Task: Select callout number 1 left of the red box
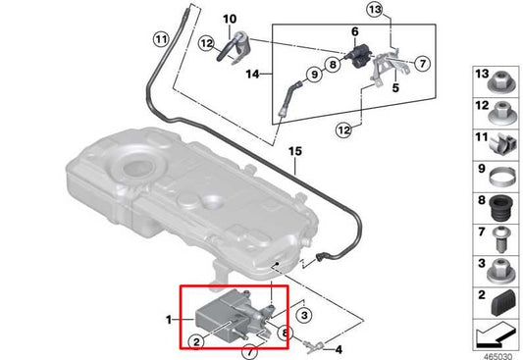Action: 169,319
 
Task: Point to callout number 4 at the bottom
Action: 340,348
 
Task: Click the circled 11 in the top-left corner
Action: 160,39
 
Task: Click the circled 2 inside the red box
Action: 196,341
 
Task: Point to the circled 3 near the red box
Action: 304,315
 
